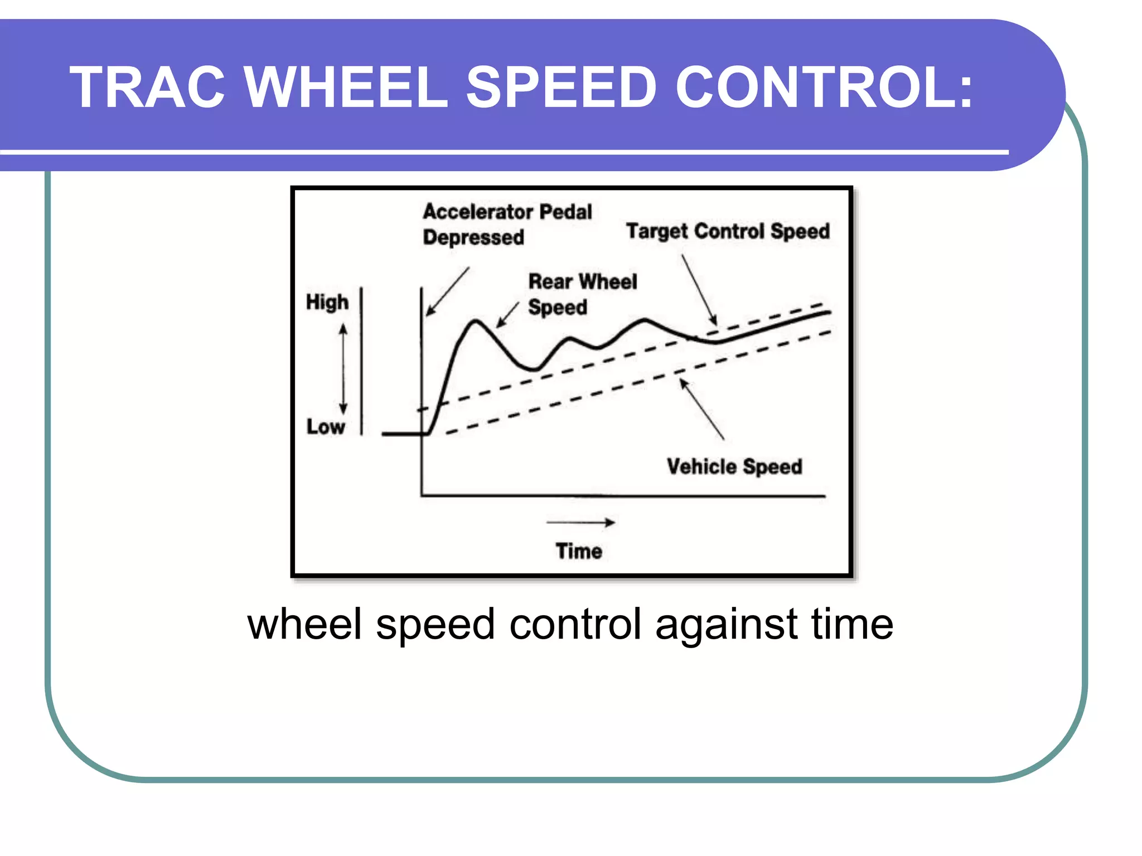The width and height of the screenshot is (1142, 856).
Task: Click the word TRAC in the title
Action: [x=147, y=87]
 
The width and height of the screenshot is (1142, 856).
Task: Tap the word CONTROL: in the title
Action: [x=824, y=87]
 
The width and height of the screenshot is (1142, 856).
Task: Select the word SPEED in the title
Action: [x=560, y=87]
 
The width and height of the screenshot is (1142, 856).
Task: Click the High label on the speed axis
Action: [x=327, y=302]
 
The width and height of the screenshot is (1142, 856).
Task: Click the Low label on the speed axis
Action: [x=326, y=427]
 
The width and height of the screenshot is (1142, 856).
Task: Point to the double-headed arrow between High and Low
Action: [x=343, y=369]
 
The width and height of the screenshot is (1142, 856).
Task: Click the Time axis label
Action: [x=579, y=551]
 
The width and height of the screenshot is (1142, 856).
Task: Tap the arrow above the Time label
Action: [x=580, y=522]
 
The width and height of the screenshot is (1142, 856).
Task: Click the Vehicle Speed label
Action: [x=734, y=466]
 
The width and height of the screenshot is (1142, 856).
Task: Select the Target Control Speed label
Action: [x=728, y=231]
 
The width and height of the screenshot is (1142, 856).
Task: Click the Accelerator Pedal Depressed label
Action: [x=506, y=224]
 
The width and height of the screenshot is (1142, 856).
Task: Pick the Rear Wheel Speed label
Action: [x=582, y=294]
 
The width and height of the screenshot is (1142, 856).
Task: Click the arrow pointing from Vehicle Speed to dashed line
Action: [x=701, y=409]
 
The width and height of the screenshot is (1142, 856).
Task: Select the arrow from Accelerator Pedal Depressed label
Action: [x=447, y=291]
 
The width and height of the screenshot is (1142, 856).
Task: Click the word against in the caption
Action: [x=726, y=624]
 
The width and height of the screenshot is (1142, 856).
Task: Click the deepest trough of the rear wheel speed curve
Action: [x=533, y=369]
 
